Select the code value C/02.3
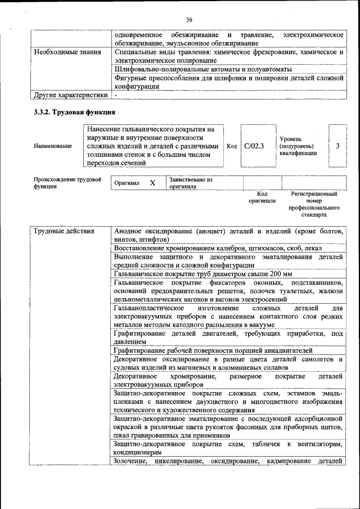coord(254,146)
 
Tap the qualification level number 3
coord(337,146)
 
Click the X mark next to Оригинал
coord(152,183)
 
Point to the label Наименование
coord(53,146)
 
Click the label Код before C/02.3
coord(231,146)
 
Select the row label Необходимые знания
coord(67,52)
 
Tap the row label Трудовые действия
coord(64,231)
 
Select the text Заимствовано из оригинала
coord(191,183)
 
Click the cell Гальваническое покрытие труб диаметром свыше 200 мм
coord(202,274)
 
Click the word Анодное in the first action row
coord(128,231)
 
